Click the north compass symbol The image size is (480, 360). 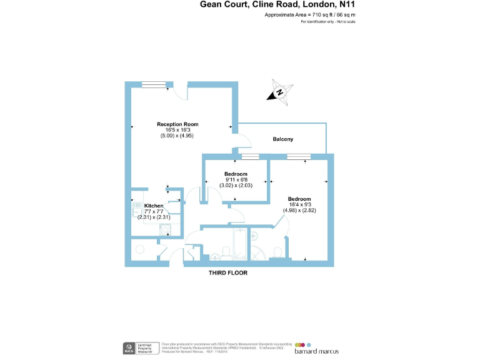click(x=280, y=92)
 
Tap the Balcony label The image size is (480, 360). click(x=282, y=139)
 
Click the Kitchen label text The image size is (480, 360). click(x=154, y=206)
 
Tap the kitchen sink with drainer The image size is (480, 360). click(x=164, y=229)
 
